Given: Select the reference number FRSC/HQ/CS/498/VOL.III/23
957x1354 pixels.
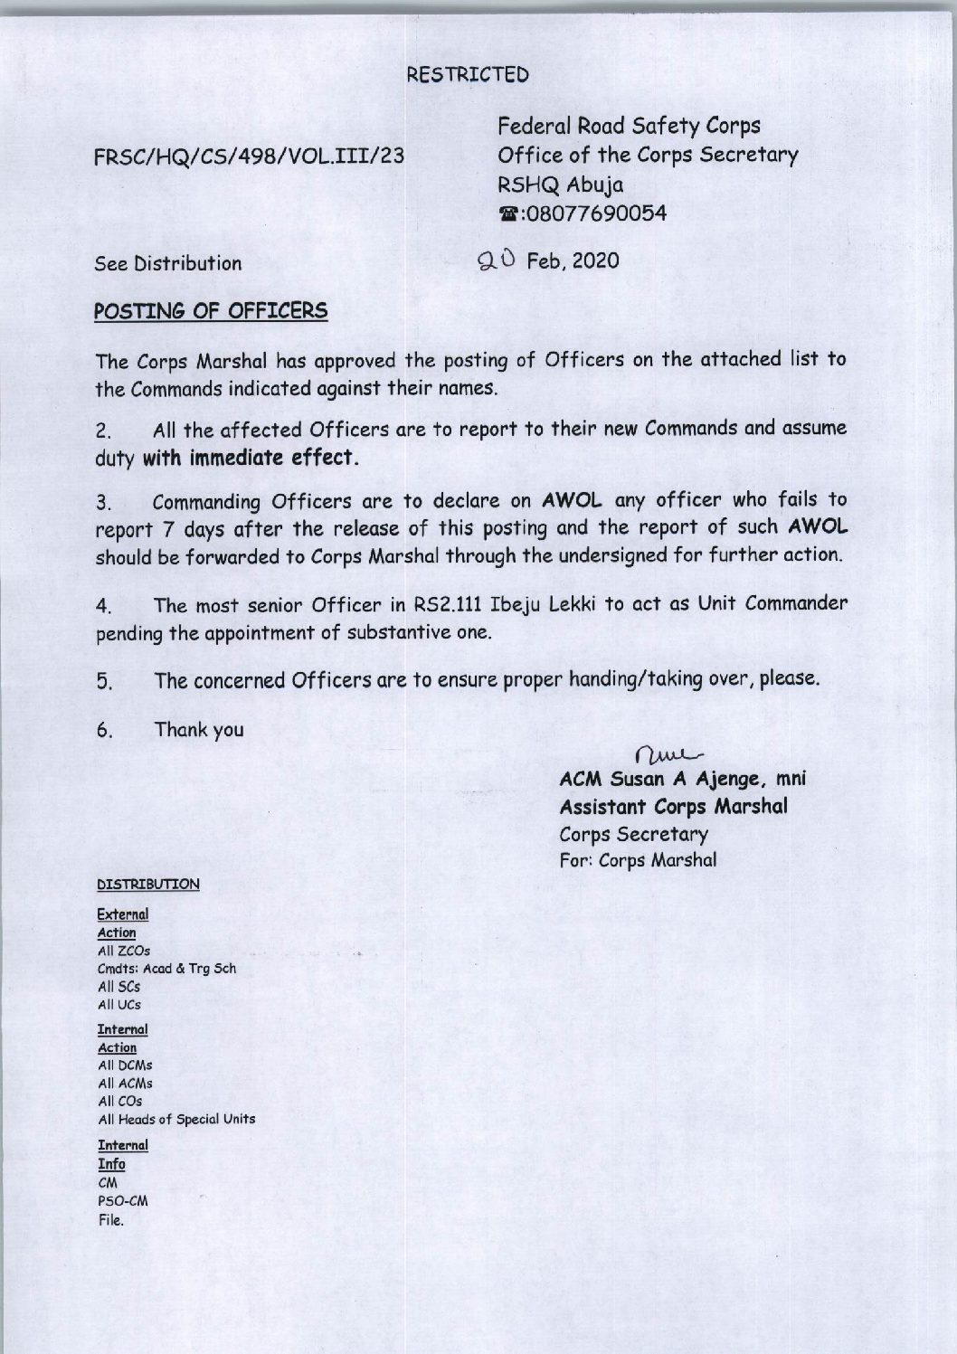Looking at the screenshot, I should tap(249, 156).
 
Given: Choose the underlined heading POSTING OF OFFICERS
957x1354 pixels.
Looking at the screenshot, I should tap(212, 311).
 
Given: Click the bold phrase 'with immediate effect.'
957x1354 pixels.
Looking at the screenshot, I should tap(252, 458).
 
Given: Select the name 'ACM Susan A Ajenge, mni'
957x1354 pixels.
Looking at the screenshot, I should tap(683, 779).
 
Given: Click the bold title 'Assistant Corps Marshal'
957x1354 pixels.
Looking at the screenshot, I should tap(674, 806).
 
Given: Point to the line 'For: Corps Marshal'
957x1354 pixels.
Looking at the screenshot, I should tap(638, 860).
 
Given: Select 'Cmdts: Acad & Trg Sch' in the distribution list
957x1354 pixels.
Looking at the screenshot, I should tap(166, 969).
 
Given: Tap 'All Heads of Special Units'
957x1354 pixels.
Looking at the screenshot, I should tap(176, 1119).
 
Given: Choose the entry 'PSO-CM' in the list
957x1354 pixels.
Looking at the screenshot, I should tap(122, 1202).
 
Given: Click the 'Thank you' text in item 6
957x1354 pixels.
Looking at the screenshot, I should tap(199, 729).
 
